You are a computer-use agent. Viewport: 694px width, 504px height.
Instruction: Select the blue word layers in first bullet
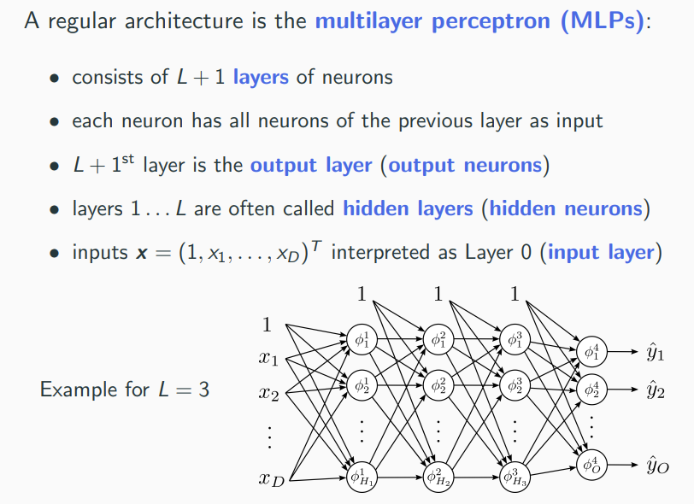(262, 78)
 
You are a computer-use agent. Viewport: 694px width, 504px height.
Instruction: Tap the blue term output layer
(311, 164)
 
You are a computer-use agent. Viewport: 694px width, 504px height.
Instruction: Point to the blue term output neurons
(465, 164)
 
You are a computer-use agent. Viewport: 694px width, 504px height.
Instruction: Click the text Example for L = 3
(125, 391)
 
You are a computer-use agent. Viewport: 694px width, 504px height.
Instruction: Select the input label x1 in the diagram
(268, 359)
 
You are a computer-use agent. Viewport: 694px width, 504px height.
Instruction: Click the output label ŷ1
(656, 351)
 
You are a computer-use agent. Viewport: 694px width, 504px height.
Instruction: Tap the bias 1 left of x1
(267, 325)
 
